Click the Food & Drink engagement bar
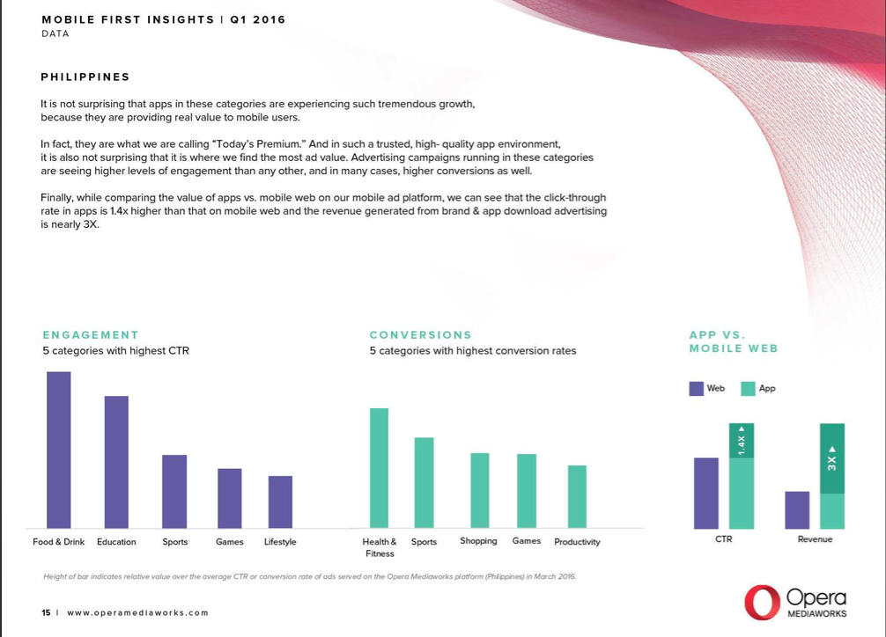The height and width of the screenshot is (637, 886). point(59,450)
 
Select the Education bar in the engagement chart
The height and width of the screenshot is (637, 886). point(116,462)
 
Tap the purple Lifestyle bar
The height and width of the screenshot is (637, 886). point(280,502)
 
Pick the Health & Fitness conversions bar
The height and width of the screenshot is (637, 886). point(379,468)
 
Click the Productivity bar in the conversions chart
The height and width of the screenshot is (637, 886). point(577,496)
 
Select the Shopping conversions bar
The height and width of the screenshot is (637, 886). point(479,490)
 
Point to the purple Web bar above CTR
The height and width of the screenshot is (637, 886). point(706,493)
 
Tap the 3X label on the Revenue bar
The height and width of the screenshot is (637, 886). point(832,459)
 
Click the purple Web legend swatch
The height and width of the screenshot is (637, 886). point(697,388)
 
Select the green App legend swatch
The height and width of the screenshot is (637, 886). point(748,388)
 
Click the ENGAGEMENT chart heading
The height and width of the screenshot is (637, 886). point(91,335)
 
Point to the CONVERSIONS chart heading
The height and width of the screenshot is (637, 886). point(420,335)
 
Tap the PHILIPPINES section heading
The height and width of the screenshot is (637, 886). point(85,77)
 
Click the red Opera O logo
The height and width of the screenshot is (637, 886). point(762,602)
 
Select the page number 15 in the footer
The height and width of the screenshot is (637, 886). point(46,612)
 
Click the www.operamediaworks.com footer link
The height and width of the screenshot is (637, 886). point(138,612)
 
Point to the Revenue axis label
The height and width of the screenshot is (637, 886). point(815,539)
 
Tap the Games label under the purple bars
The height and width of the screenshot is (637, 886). point(230,542)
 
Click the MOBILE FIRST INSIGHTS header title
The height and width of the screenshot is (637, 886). point(128,19)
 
